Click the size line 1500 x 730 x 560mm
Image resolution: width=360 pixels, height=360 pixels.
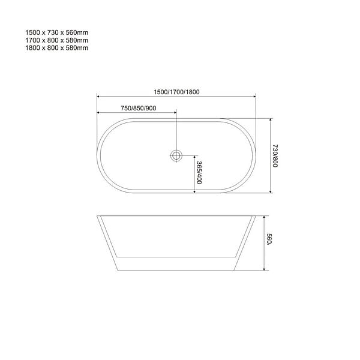click(57, 32)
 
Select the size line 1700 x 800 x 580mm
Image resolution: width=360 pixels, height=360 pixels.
click(57, 40)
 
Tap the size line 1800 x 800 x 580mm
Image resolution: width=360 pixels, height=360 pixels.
click(57, 48)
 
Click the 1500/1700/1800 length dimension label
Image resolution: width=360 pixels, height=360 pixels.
click(176, 92)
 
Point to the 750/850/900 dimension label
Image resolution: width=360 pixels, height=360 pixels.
click(139, 108)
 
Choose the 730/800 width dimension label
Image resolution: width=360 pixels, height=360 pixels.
click(275, 156)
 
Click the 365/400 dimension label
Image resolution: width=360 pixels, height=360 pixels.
click(199, 172)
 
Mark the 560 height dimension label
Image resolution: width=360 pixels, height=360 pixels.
click(269, 239)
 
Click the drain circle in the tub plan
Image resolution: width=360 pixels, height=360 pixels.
click(176, 155)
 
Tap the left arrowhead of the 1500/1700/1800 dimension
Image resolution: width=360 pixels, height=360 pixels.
click(98, 97)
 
